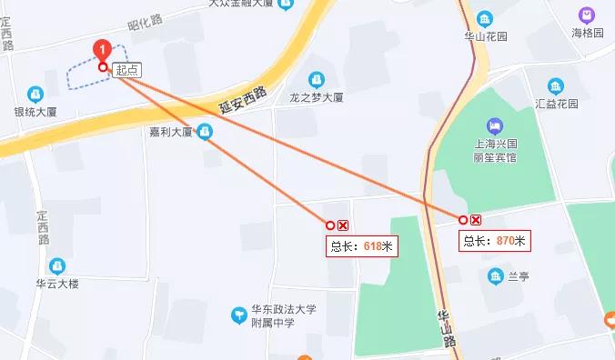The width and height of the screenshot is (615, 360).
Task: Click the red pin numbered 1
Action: coord(104,49)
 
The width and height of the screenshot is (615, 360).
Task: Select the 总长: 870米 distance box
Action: coord(495,241)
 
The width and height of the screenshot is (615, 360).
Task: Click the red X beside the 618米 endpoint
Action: coord(343,225)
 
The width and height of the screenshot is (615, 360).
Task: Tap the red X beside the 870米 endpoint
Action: coord(476,220)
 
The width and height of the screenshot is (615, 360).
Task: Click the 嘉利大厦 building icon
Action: coord(206,133)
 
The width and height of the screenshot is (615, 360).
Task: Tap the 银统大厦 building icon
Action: coord(35,93)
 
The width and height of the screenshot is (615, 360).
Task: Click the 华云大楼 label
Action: coord(57,284)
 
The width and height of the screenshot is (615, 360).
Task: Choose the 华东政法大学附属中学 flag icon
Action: coord(238,315)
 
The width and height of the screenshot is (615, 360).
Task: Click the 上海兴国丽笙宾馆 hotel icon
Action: coord(495,125)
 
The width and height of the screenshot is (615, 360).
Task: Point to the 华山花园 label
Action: coord(484,37)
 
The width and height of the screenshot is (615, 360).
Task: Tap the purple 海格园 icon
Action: coord(587,15)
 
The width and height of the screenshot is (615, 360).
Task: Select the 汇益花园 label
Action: coord(557,103)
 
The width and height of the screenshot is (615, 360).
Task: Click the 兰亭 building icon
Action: coord(496,275)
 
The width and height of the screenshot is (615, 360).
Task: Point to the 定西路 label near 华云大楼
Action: coord(42,228)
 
